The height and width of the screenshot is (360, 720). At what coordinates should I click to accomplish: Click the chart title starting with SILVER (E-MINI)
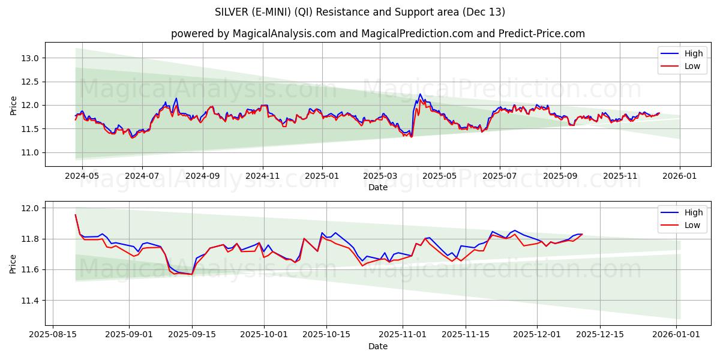(359, 12)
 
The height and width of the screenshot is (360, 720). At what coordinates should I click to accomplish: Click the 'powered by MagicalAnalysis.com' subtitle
(377, 34)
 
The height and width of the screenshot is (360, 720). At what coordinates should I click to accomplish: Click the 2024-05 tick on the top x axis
(82, 176)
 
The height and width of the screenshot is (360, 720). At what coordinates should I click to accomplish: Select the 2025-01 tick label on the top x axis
(322, 176)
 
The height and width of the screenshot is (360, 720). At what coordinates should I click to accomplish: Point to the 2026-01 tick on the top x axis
(680, 176)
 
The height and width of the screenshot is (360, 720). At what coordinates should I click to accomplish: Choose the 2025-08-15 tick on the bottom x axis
(53, 335)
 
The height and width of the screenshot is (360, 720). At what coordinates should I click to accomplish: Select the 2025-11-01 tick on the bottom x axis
(403, 335)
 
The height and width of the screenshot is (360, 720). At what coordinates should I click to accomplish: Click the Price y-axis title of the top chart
(13, 105)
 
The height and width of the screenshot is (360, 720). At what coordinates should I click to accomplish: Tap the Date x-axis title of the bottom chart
(377, 346)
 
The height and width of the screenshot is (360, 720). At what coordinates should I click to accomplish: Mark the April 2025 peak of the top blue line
(420, 94)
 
